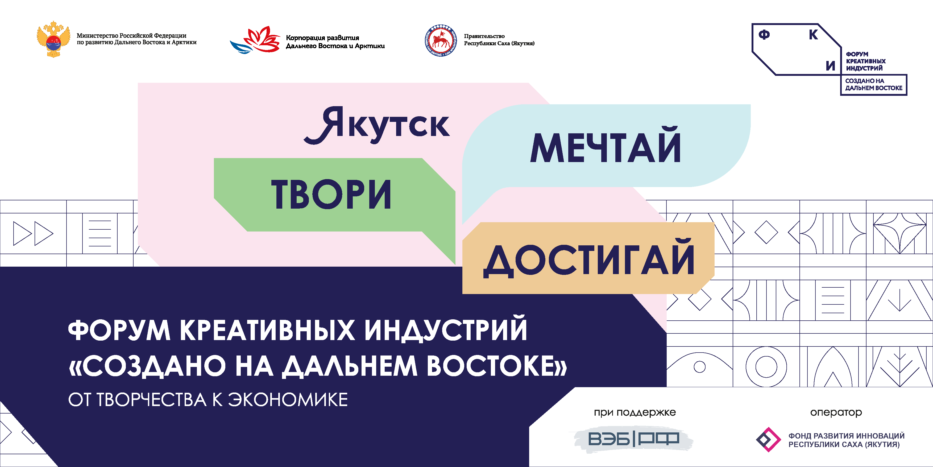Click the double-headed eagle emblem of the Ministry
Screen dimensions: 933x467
point(53,39)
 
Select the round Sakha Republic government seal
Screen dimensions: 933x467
point(440,40)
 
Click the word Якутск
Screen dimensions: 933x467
point(377,125)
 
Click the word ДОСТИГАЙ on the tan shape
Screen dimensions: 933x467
point(589,258)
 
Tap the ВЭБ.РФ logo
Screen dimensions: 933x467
point(633,439)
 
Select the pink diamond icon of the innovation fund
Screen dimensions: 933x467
point(768,440)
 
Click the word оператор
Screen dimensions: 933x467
point(836,412)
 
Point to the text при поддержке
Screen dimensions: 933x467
point(635,412)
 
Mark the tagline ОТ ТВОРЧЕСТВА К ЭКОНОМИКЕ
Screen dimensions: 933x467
point(208,400)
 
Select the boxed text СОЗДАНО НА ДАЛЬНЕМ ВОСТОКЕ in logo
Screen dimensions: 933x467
point(874,84)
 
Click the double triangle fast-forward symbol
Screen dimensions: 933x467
point(33,233)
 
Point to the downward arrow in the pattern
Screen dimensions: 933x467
point(899,300)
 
